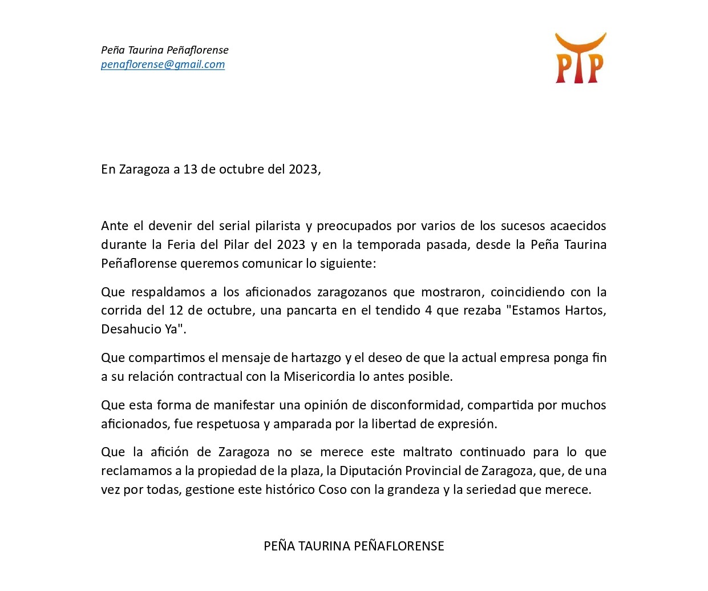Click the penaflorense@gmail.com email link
coord(163,65)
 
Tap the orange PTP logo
coord(580,58)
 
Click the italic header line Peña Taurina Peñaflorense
coord(164,50)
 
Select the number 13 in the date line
coord(190,170)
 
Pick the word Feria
coord(181,245)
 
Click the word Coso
coord(333,490)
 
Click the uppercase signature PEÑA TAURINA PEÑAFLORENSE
coord(354,546)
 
